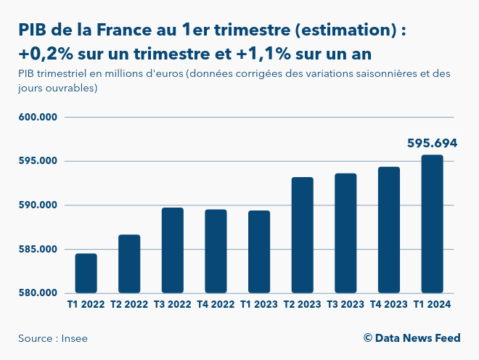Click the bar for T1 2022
coord(86,274)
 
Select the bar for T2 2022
coord(129,264)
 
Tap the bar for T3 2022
coord(173,250)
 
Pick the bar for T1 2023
coord(259,252)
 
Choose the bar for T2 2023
coord(303,235)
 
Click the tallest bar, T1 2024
coord(432,224)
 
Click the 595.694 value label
coord(432,144)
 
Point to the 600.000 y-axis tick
coord(38,117)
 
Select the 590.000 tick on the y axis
coord(38,205)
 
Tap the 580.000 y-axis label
coord(38,293)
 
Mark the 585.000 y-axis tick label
coord(38,250)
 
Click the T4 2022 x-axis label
coord(216,305)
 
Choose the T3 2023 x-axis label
coord(345,305)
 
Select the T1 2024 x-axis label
coord(432,305)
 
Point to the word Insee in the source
coord(75,338)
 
